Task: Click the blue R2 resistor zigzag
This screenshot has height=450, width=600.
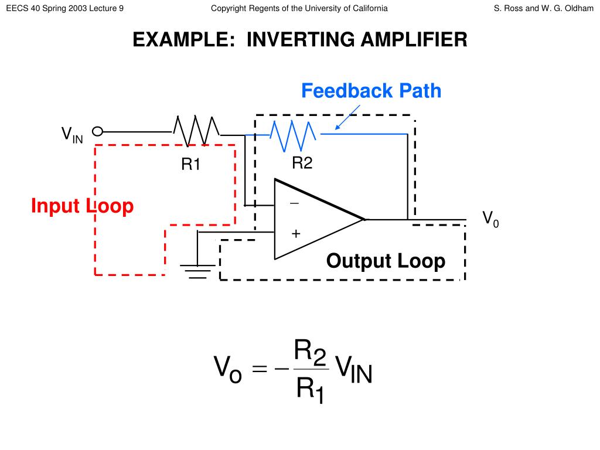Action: click(293, 135)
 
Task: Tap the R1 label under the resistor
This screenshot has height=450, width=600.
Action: click(190, 165)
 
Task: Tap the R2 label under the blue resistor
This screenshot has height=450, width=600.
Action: click(302, 163)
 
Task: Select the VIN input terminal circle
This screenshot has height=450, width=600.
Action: click(98, 131)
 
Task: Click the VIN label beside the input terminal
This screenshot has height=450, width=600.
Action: click(72, 135)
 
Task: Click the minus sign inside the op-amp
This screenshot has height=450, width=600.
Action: click(294, 203)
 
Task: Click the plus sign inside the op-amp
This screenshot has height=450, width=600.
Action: click(295, 234)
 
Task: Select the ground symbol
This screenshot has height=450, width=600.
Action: click(198, 271)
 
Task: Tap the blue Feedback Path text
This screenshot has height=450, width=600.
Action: click(371, 91)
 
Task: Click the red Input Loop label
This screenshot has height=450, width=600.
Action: click(82, 206)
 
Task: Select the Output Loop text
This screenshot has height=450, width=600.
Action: click(386, 261)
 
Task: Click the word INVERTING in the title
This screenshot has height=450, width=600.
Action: click(300, 39)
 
